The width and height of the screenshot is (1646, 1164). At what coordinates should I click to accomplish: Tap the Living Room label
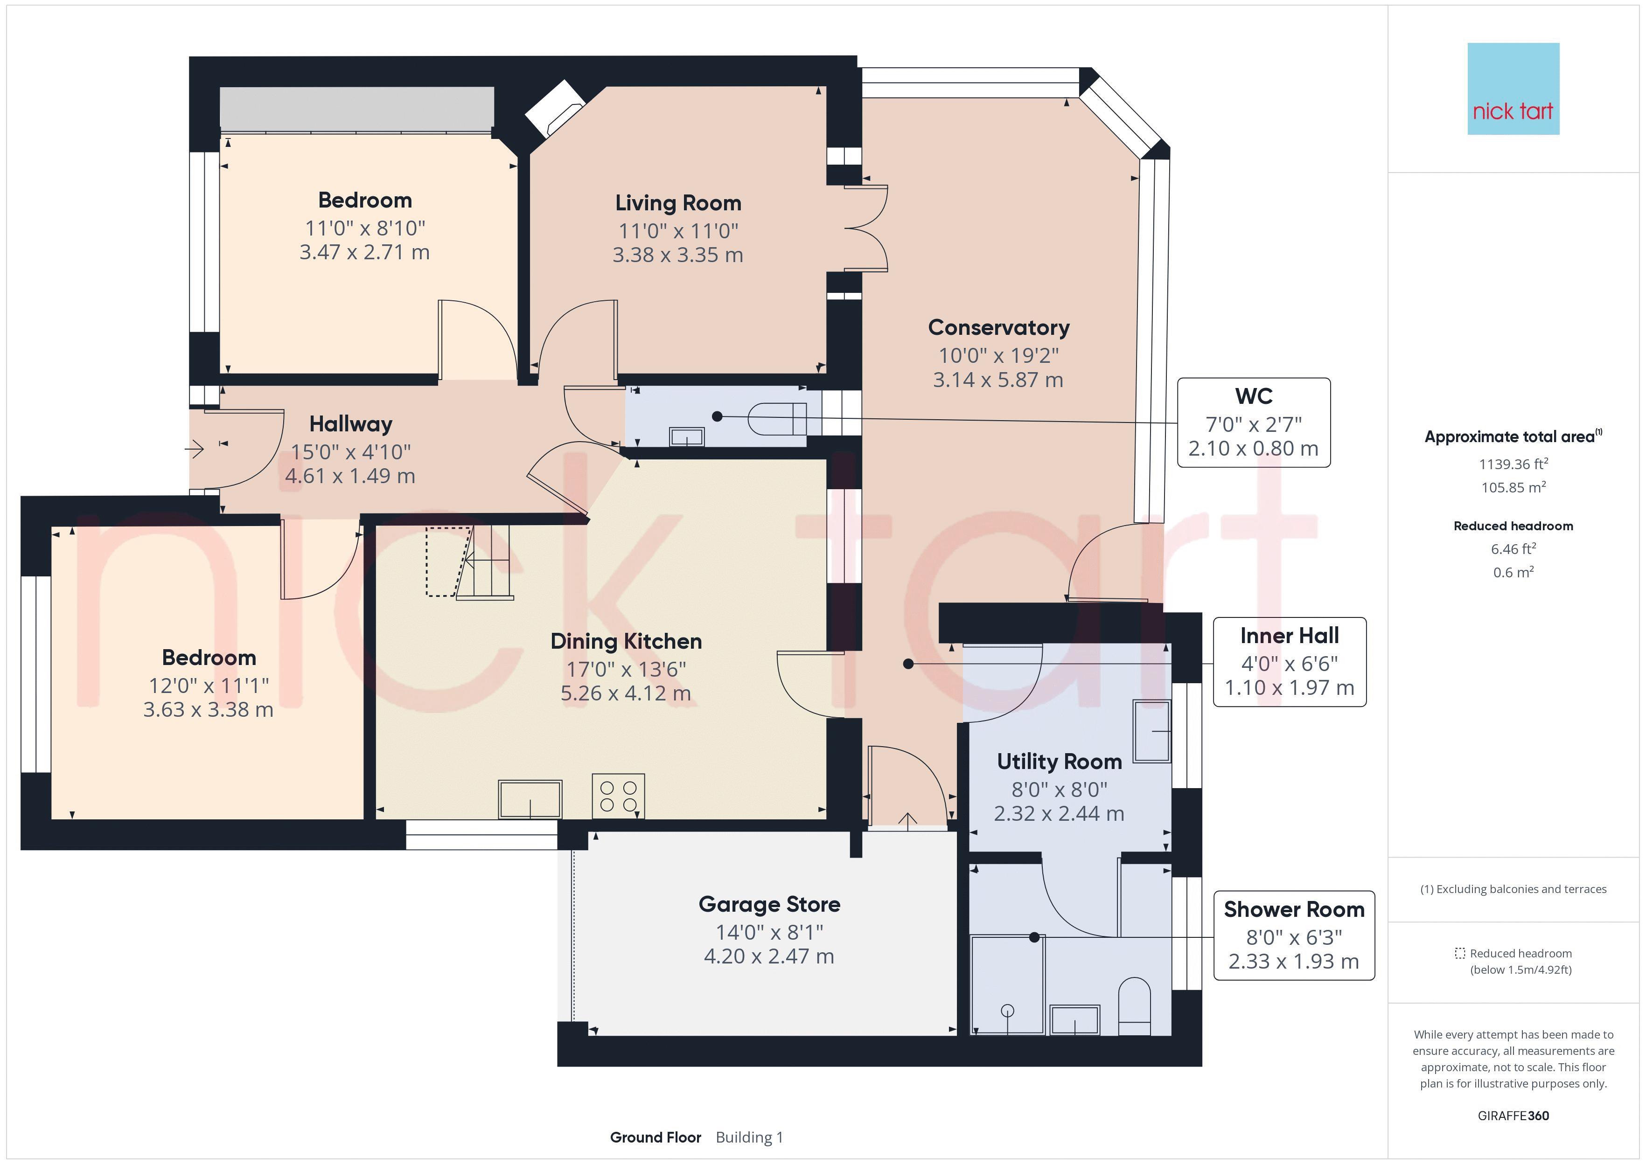(678, 203)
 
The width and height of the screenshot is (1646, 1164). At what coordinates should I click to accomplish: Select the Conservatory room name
(998, 327)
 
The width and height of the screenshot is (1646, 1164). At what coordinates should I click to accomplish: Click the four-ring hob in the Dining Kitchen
(618, 796)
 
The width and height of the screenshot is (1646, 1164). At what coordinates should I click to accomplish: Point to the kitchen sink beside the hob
(530, 798)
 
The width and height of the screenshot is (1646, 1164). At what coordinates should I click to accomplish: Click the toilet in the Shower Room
(1134, 1005)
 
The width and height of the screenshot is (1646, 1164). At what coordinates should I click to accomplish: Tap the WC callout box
(1254, 423)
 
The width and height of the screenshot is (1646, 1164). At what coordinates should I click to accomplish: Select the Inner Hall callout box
(1290, 662)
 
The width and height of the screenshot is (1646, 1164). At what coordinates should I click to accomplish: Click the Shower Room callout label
(1294, 909)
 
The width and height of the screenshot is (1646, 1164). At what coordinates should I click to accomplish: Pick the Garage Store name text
(769, 905)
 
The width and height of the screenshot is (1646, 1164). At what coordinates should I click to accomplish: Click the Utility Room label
(1059, 762)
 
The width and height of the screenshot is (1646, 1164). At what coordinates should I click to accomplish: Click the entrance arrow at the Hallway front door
(194, 450)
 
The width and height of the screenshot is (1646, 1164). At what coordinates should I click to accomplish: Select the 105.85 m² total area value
(1513, 487)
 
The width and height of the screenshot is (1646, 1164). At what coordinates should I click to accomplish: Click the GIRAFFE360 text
(1513, 1115)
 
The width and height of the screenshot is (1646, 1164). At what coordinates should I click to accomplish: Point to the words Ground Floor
(655, 1137)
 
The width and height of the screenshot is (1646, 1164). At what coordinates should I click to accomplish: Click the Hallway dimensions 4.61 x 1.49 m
(350, 476)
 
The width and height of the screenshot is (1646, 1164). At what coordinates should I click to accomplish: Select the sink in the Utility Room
(1151, 731)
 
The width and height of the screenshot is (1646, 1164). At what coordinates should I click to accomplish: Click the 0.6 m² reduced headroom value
(1513, 572)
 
